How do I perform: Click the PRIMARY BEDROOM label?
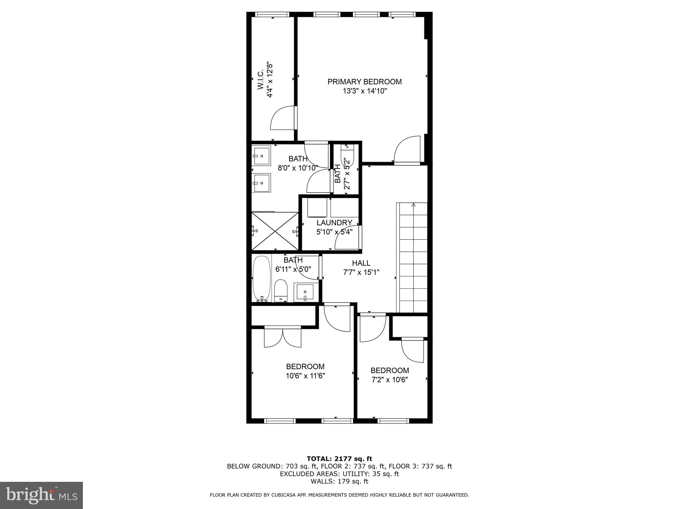[364, 82]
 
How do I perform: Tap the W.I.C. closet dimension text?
[270, 81]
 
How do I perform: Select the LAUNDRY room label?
[334, 223]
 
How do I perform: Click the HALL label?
[361, 263]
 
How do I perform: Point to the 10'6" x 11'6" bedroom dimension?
[305, 376]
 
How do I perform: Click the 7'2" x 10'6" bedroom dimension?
[389, 380]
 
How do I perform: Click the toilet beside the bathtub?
[281, 291]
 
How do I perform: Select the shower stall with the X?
[275, 231]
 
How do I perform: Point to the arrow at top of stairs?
[413, 205]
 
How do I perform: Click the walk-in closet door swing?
[282, 118]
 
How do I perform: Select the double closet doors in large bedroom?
[282, 337]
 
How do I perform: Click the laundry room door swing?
[348, 237]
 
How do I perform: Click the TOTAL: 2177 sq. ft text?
[339, 459]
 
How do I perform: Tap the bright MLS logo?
[41, 495]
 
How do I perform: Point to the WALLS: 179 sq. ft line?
[339, 481]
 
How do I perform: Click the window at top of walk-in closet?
[272, 14]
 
